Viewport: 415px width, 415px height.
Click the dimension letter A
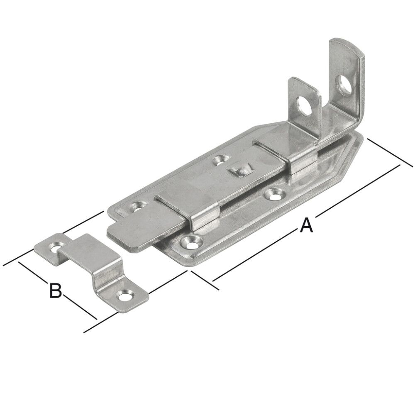[306, 226]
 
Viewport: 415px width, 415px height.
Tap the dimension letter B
[55, 290]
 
